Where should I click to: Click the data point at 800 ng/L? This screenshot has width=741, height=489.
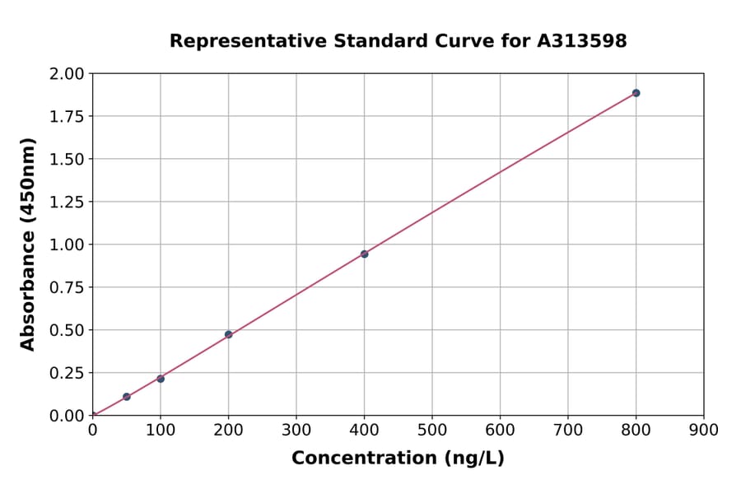tap(636, 93)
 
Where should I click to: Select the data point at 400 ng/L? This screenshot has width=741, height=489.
tap(364, 254)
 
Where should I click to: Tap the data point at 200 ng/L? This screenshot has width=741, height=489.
tap(228, 334)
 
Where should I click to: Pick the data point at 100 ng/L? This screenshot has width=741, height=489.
tap(161, 379)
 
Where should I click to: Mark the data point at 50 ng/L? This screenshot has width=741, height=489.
tap(126, 397)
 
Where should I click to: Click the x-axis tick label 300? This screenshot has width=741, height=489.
tap(296, 430)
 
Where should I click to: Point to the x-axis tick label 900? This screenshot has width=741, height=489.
tap(704, 430)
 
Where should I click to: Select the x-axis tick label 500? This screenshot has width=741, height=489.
tap(432, 430)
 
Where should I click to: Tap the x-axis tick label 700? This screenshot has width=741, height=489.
tap(568, 430)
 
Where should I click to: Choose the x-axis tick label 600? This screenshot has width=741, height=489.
tap(500, 430)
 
